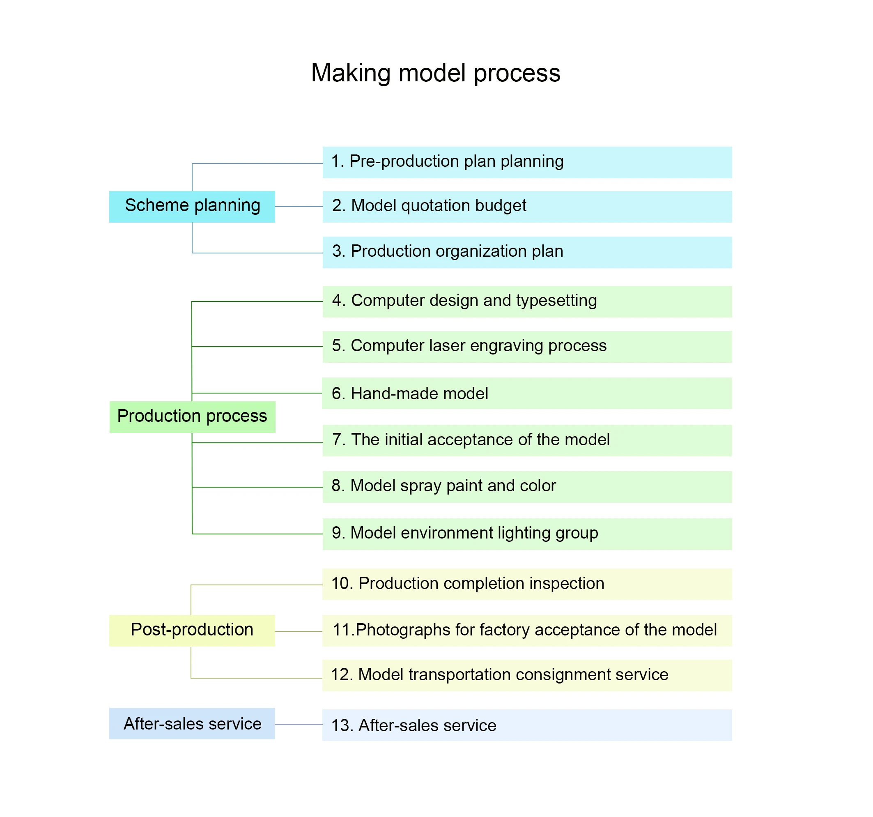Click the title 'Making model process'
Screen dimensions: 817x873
click(x=436, y=73)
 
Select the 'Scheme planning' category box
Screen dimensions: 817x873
click(x=192, y=207)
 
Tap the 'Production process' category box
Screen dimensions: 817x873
click(x=192, y=417)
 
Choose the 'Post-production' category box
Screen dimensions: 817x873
click(x=192, y=631)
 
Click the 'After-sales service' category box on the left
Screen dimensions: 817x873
click(x=192, y=723)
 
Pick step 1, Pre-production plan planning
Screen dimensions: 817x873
click(x=527, y=162)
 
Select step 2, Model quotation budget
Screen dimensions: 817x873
click(x=527, y=207)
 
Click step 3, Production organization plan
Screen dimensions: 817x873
click(x=527, y=252)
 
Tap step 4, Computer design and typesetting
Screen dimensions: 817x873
click(x=527, y=301)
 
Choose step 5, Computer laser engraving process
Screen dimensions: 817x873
click(x=527, y=347)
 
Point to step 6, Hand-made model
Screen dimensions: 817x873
click(x=527, y=393)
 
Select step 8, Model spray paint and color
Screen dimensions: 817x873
click(x=527, y=487)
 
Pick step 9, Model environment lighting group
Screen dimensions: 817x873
click(x=527, y=534)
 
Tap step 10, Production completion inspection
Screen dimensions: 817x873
click(x=527, y=584)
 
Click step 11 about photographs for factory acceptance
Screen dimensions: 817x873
click(x=527, y=631)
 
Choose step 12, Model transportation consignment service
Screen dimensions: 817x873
click(x=527, y=675)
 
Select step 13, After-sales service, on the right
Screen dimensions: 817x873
click(x=527, y=725)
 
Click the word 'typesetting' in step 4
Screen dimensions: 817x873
click(x=556, y=301)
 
